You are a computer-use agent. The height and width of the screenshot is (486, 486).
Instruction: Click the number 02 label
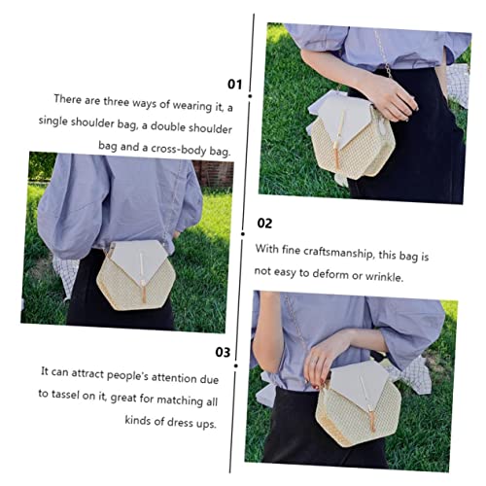click(x=264, y=223)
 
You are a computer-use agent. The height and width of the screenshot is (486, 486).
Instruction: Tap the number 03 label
click(x=223, y=352)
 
